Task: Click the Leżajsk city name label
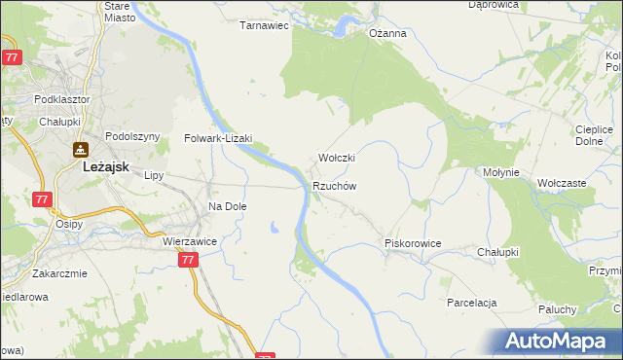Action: pyautogui.click(x=101, y=166)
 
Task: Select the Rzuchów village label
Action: pyautogui.click(x=336, y=186)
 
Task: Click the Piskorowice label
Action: pyautogui.click(x=414, y=243)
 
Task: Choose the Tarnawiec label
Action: pyautogui.click(x=265, y=25)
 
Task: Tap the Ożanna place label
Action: pyautogui.click(x=386, y=33)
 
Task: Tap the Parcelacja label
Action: pyautogui.click(x=472, y=303)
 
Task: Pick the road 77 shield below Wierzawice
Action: pyautogui.click(x=189, y=260)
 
